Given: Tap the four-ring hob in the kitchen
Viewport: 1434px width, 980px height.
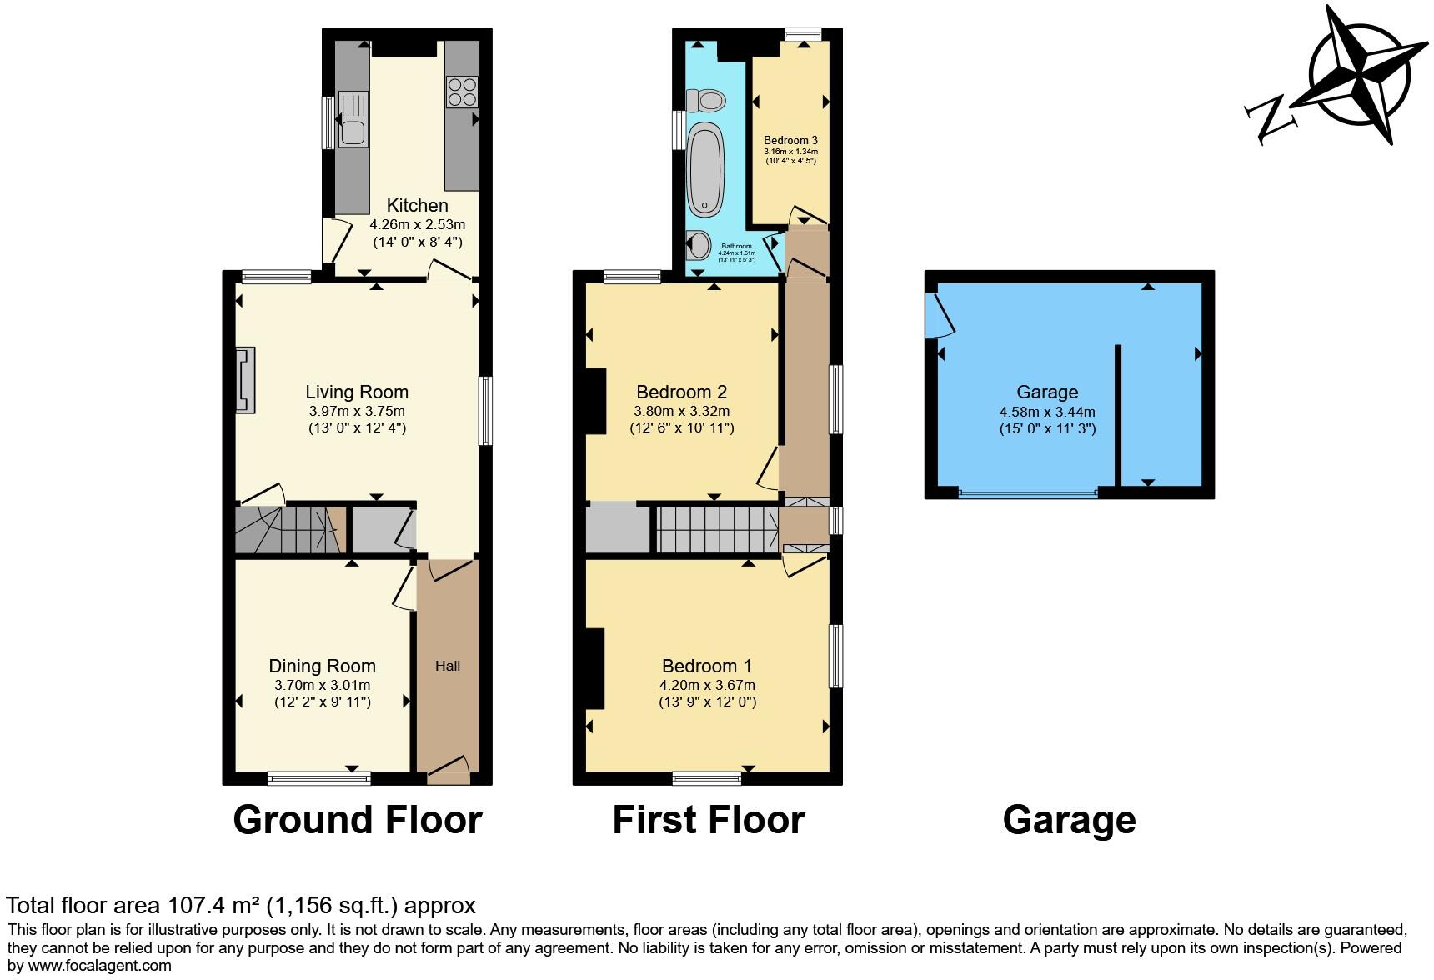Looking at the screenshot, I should pyautogui.click(x=462, y=92).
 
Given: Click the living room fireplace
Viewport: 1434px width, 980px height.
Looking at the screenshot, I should pyautogui.click(x=245, y=381).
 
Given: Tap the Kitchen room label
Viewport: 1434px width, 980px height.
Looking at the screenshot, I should pyautogui.click(x=417, y=205).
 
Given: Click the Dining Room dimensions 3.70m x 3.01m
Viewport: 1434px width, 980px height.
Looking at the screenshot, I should pyautogui.click(x=322, y=685).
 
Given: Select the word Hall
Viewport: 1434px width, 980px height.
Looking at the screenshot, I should pyautogui.click(x=448, y=666).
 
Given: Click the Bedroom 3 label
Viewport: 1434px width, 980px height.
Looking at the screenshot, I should pyautogui.click(x=790, y=140).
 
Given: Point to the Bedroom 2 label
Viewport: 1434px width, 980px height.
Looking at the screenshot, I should pyautogui.click(x=681, y=392).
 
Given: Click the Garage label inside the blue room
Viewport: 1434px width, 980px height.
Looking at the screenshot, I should pyautogui.click(x=1047, y=392).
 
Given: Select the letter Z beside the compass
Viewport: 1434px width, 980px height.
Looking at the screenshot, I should pyautogui.click(x=1271, y=119).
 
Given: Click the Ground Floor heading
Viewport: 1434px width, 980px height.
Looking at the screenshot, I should pyautogui.click(x=357, y=820).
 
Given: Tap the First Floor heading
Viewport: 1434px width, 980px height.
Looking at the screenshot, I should pyautogui.click(x=708, y=820).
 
